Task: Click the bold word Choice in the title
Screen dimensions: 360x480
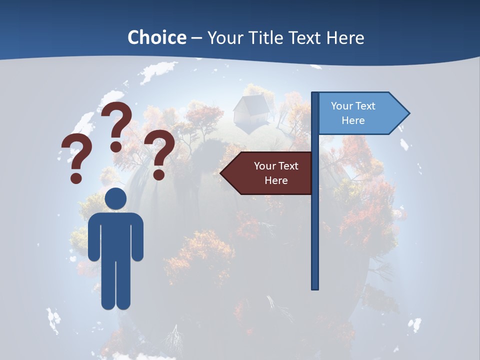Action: (x=156, y=37)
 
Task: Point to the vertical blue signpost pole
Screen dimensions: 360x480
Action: (x=315, y=225)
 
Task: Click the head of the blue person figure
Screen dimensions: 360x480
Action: (x=115, y=198)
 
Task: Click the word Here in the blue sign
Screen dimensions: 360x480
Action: (x=353, y=120)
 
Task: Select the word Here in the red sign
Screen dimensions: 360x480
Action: (x=276, y=180)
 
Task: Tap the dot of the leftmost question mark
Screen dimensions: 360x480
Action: (x=76, y=177)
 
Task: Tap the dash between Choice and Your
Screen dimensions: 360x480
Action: (x=196, y=38)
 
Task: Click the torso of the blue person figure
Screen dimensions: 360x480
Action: (x=115, y=235)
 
